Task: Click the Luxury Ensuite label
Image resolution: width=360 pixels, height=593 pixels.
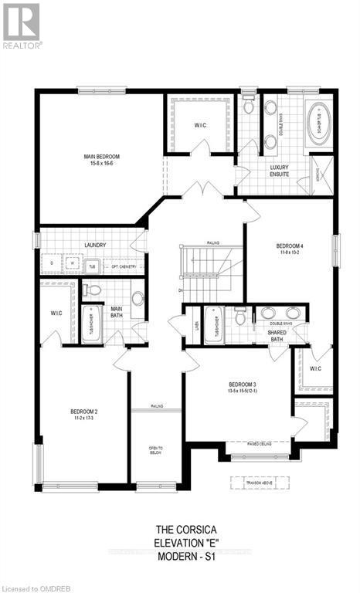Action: [279, 171]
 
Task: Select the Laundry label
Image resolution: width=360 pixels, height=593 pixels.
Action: [95, 246]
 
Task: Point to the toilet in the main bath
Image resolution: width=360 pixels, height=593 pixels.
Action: [93, 290]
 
